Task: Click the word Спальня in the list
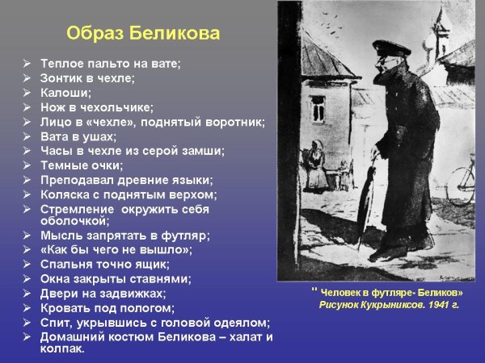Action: (69, 264)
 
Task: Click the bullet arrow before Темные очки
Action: (27, 165)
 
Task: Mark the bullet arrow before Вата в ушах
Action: (27, 136)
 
